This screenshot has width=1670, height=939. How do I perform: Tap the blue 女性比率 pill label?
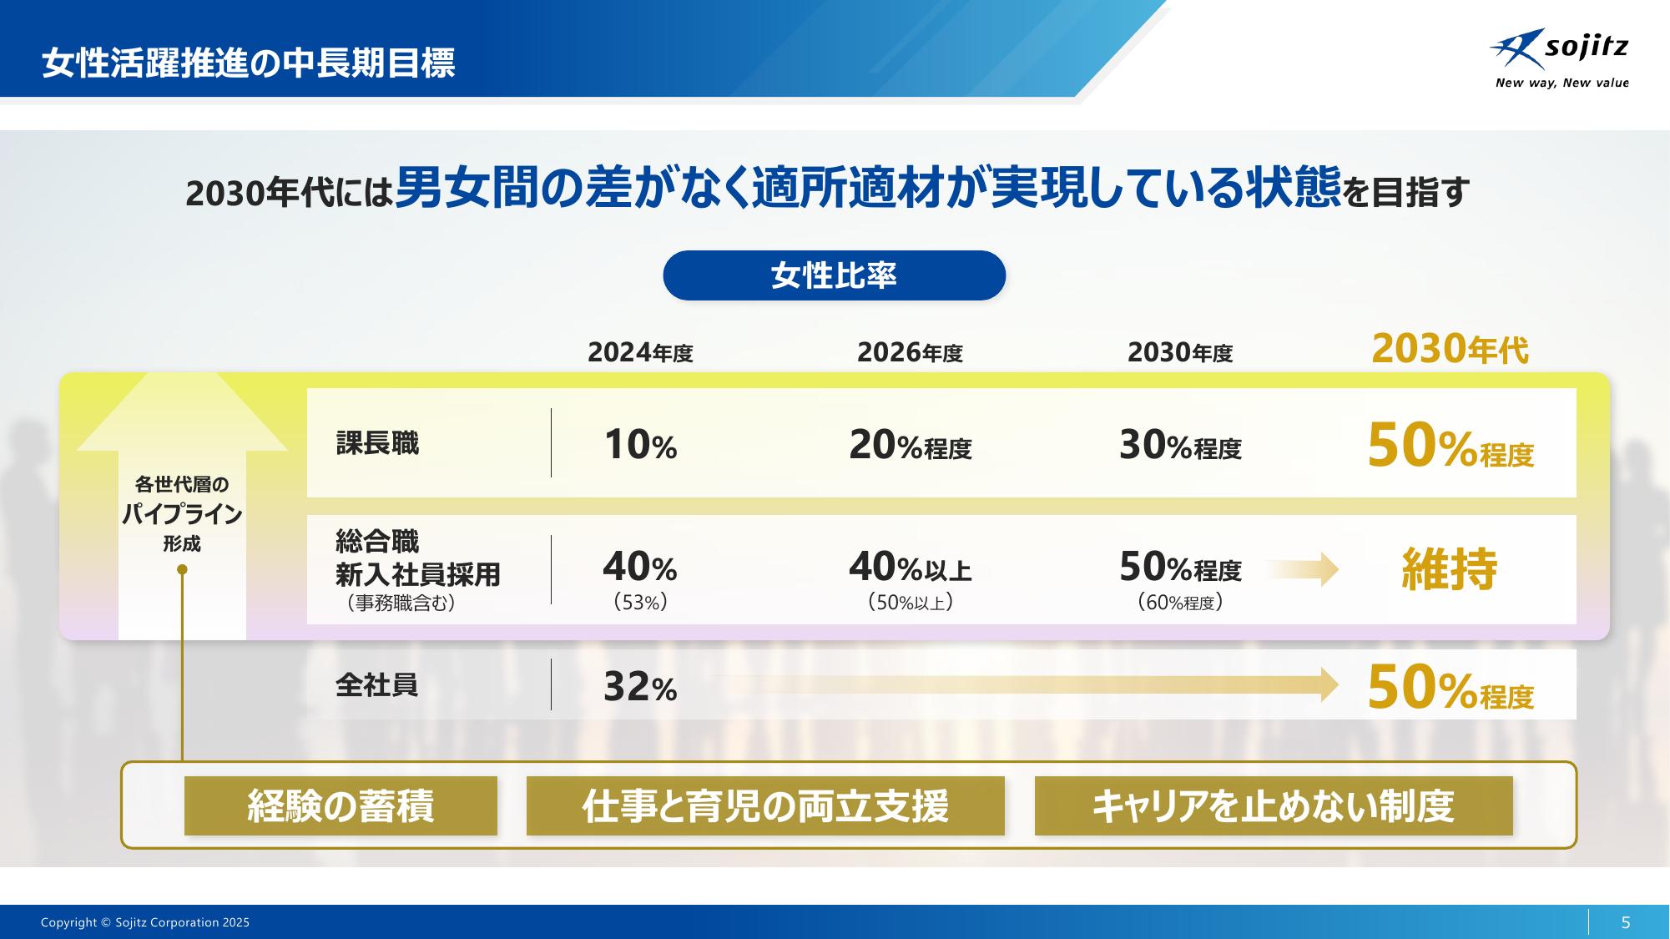(834, 275)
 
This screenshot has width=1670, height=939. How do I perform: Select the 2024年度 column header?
(640, 353)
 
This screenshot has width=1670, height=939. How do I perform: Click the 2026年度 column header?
(910, 353)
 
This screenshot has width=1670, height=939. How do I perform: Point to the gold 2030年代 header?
(1450, 350)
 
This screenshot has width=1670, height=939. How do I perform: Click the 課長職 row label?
(377, 443)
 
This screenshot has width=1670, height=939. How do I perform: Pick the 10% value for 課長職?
(640, 445)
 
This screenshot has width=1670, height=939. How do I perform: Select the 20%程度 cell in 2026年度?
(910, 446)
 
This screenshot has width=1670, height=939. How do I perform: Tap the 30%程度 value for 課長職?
(1180, 446)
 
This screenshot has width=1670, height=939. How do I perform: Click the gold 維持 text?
(1450, 569)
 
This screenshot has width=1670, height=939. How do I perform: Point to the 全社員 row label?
(376, 685)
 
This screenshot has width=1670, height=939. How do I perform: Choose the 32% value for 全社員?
(640, 687)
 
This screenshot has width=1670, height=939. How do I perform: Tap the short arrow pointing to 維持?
(1303, 570)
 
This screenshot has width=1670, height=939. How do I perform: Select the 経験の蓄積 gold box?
(341, 806)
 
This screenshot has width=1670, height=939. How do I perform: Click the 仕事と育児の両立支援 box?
(765, 806)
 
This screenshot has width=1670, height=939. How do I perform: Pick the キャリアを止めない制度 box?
(1274, 806)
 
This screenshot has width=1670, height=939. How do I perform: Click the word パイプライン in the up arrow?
(182, 514)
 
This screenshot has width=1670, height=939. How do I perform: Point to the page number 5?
(1625, 922)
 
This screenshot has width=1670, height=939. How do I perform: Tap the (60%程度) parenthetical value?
(1180, 602)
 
